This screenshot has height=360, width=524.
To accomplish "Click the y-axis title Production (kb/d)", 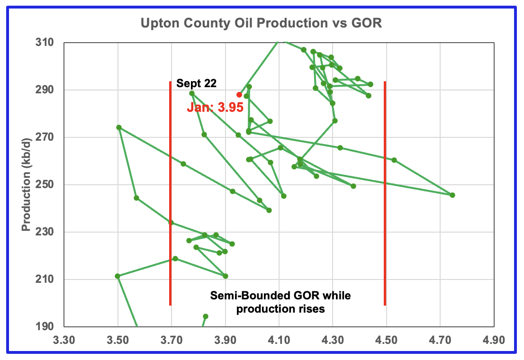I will click(x=27, y=185).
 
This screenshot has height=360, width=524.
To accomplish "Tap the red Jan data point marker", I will click(x=239, y=95).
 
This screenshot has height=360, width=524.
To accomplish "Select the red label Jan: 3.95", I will click(x=215, y=107).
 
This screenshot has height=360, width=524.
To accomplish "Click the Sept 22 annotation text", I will click(x=196, y=84).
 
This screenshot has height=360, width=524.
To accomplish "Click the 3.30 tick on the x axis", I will click(x=64, y=340).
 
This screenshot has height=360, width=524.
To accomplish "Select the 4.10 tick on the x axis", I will click(x=279, y=340).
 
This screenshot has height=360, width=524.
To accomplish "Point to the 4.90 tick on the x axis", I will click(x=494, y=340).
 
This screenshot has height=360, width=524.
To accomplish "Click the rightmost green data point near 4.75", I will click(x=452, y=195).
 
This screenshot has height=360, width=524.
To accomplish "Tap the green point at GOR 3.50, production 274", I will click(x=119, y=127).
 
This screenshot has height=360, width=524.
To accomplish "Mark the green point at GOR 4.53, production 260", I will click(x=394, y=160).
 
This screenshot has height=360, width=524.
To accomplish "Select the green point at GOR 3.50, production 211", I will click(x=118, y=276).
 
